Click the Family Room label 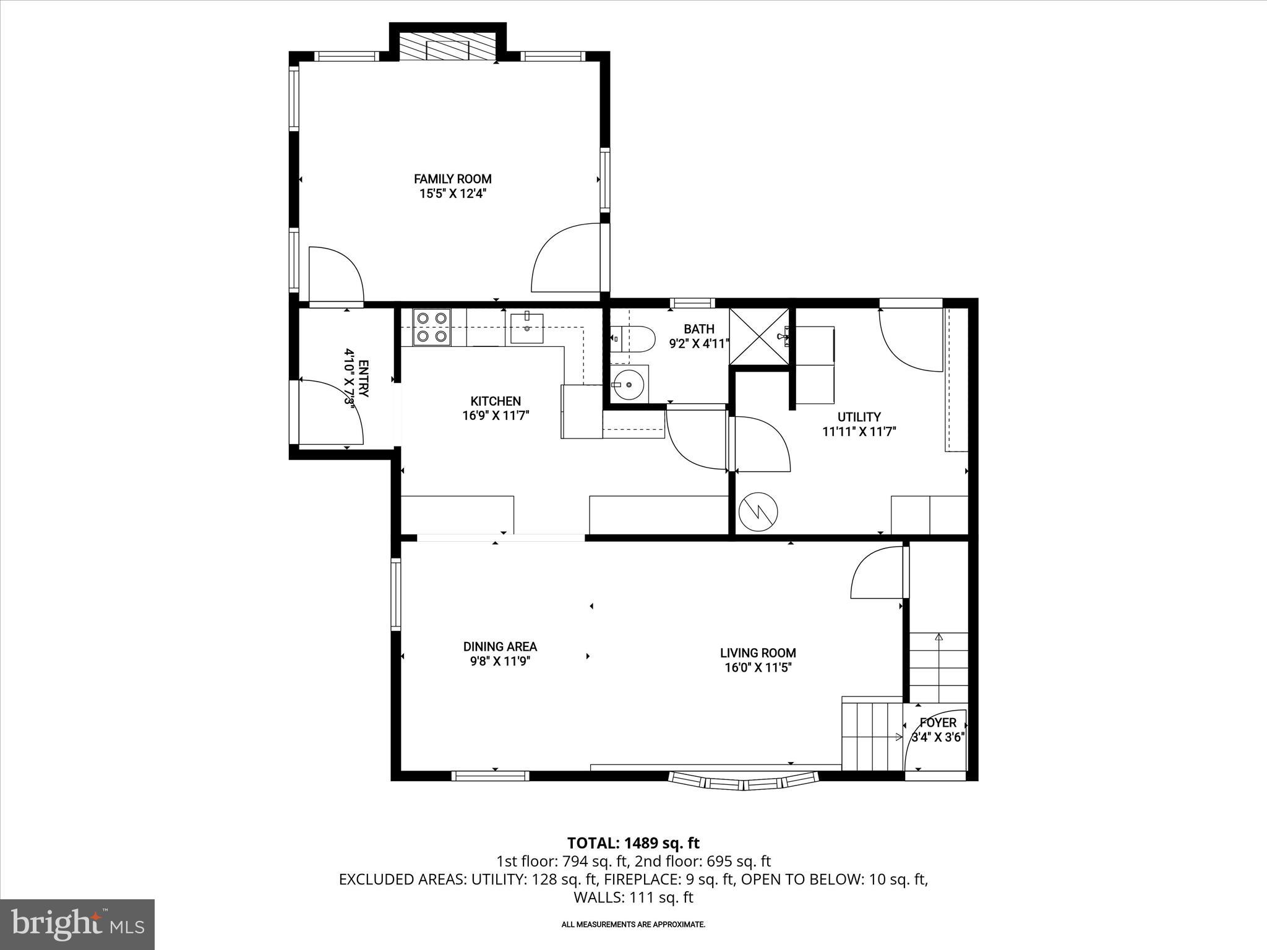[x=452, y=179]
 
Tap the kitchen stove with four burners [x=432, y=327]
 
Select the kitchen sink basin [x=526, y=328]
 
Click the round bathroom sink [x=629, y=385]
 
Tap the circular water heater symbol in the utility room [x=758, y=511]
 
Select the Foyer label [x=938, y=722]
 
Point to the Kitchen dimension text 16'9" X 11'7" [x=496, y=416]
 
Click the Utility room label [x=859, y=417]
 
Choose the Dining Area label [x=500, y=646]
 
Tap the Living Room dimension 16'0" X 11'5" [x=758, y=667]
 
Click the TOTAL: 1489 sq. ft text [x=633, y=843]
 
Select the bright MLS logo [x=77, y=924]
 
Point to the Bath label [x=698, y=329]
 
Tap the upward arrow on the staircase [x=938, y=637]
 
